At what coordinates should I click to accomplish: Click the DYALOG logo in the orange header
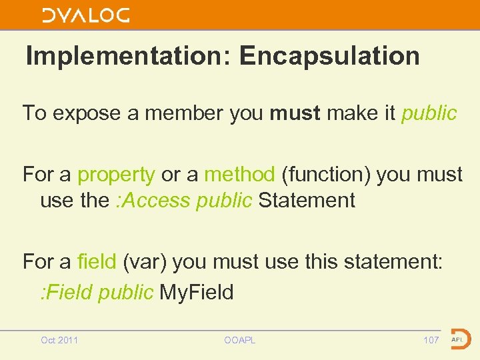pos(86,15)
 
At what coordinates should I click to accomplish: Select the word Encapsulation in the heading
pos(329,56)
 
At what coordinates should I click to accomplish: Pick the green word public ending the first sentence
pos(429,113)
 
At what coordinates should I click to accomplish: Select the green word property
pos(116,175)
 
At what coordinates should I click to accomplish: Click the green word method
pos(239,175)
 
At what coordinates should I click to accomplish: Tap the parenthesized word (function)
pos(326,175)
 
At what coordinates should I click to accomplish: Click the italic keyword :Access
pos(152,200)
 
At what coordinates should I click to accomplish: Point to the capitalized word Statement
pos(307,200)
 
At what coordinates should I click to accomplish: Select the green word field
pos(97,261)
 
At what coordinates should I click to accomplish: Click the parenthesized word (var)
pos(147,261)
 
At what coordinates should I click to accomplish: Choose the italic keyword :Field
pos(66,292)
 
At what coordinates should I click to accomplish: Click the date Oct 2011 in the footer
pos(59,341)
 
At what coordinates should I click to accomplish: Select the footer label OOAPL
pos(239,341)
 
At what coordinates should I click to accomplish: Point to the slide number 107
pos(431,341)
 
